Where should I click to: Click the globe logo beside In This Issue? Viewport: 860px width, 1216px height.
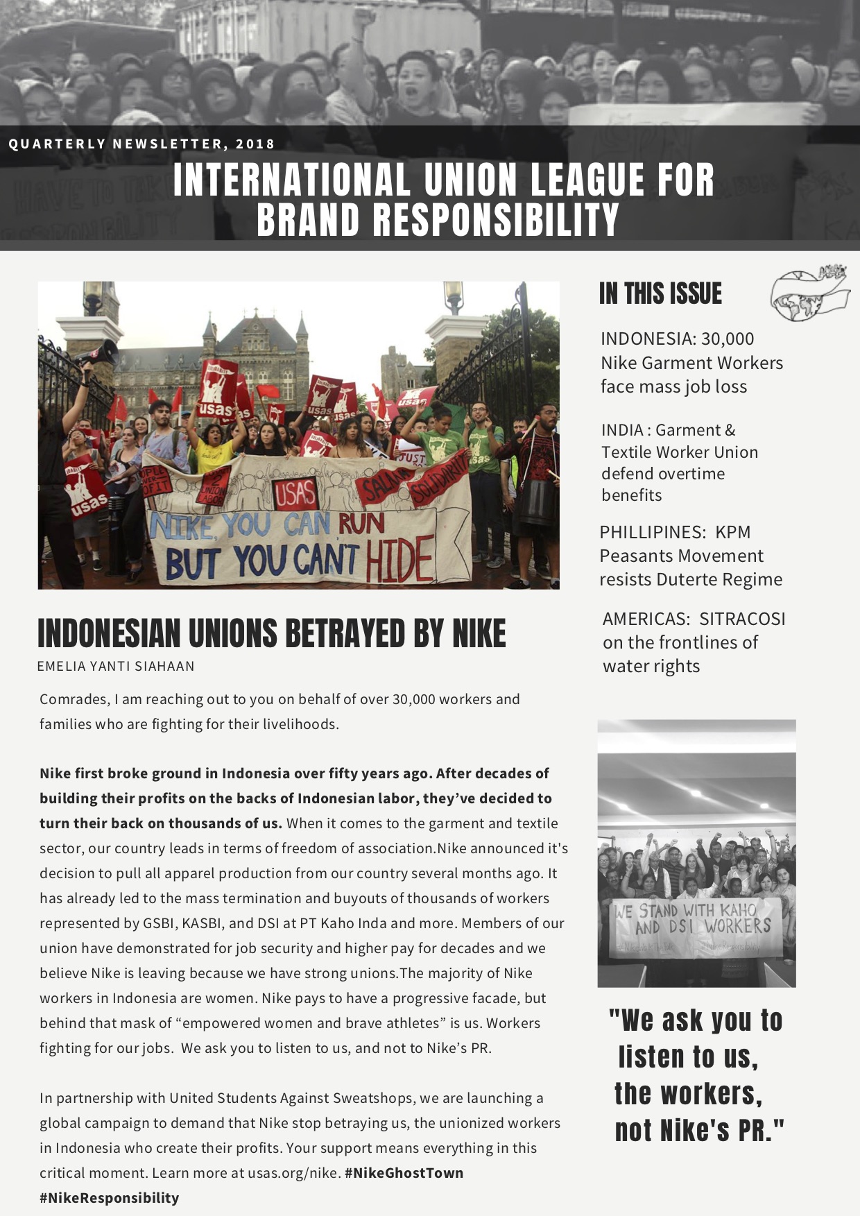(809, 295)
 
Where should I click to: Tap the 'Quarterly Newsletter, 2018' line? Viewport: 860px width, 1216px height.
(142, 144)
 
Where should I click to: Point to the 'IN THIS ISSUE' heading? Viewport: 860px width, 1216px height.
(660, 294)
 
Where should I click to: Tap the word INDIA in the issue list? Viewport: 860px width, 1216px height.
(621, 431)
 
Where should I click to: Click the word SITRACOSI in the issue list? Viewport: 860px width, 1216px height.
(742, 619)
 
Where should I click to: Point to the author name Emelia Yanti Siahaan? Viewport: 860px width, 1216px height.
(116, 666)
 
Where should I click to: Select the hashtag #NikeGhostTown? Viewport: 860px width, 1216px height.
(404, 1173)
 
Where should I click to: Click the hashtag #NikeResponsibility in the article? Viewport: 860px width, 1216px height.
(109, 1198)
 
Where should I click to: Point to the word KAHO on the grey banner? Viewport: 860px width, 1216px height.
(737, 909)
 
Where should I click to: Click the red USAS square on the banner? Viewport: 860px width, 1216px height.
(295, 495)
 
